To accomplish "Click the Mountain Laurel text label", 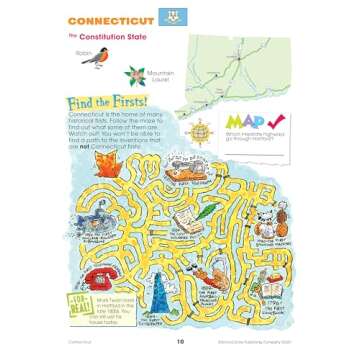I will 159,77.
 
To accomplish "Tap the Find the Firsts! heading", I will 102,103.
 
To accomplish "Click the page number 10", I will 181,341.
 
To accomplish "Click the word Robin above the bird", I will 84,46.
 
